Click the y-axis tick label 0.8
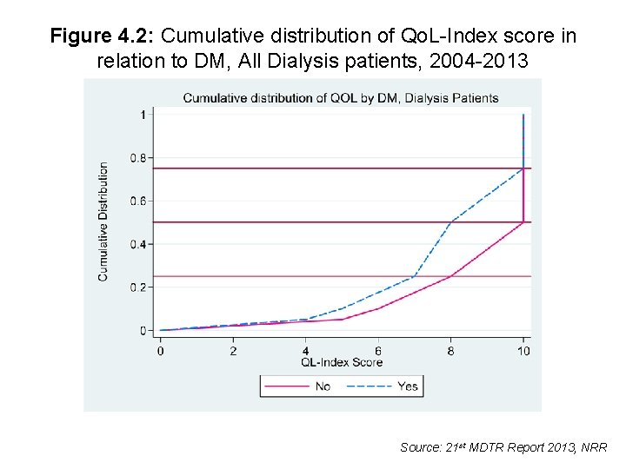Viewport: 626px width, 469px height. coord(138,158)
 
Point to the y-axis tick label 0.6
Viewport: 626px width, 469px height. coord(138,201)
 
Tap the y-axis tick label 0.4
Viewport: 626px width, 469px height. coord(138,244)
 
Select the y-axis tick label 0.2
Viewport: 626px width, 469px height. coord(138,287)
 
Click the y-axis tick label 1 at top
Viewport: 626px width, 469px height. coord(142,115)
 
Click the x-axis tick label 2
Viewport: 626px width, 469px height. coord(233,350)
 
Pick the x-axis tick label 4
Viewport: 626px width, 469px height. coord(305,350)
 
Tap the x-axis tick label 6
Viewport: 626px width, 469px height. coord(378,350)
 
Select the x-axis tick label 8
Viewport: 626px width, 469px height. coord(450,350)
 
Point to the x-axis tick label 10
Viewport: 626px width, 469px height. coord(523,350)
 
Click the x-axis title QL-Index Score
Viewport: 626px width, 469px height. coord(342,361)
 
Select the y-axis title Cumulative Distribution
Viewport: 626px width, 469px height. coord(103,221)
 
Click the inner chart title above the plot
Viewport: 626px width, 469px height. coord(341,97)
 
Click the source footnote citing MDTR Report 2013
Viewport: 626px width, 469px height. coord(503,447)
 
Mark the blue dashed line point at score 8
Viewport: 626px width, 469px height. coord(450,222)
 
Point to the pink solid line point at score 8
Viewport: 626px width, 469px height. coord(450,276)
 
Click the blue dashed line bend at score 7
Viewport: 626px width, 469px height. coord(414,276)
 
